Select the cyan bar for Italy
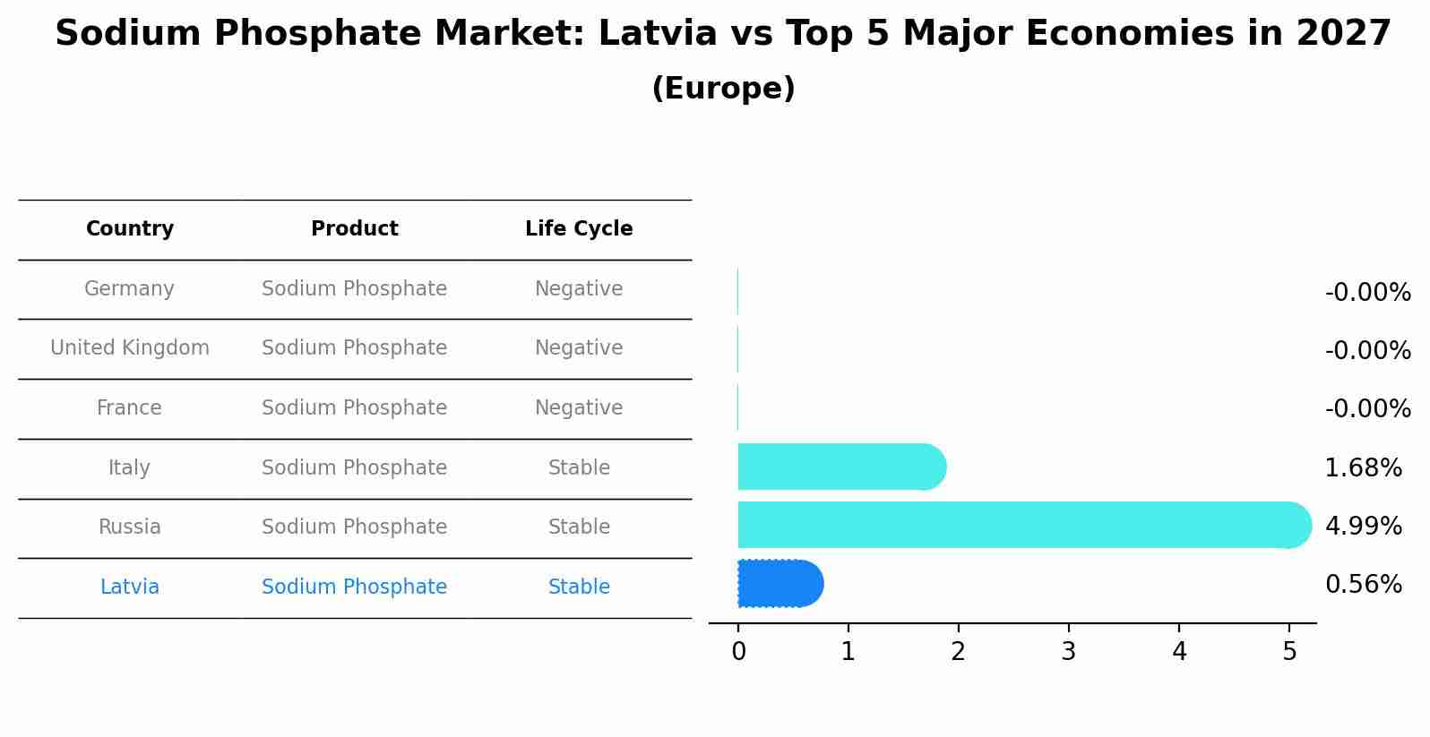840,467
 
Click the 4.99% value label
1363,527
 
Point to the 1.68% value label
1363,468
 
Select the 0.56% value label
1363,585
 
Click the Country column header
130,229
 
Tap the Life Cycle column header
579,229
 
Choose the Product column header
355,229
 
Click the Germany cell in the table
129,289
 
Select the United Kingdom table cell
130,348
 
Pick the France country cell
129,408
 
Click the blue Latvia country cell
130,587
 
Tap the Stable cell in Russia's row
579,527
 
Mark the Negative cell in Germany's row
579,289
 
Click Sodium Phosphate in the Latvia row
354,587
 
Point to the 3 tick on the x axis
1068,652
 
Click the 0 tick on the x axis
738,652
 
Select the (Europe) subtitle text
723,89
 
